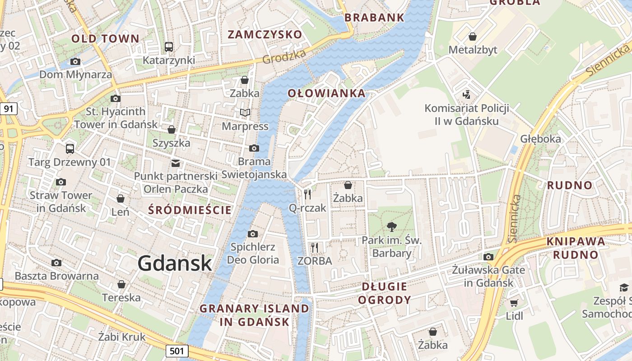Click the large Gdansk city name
175,263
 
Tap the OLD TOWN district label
106,39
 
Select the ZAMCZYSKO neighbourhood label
265,35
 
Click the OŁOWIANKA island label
326,93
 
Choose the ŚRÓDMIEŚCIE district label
190,210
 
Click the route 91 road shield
9,108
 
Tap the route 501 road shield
177,351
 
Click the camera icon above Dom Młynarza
75,61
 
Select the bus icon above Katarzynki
169,46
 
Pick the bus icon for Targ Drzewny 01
70,148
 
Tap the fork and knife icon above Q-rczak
307,194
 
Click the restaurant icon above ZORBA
315,247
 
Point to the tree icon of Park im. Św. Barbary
391,227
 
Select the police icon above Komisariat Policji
466,95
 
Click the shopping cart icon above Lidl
514,303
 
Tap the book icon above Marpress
245,112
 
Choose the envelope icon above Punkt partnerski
175,163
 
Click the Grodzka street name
284,56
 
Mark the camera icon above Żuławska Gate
488,257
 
